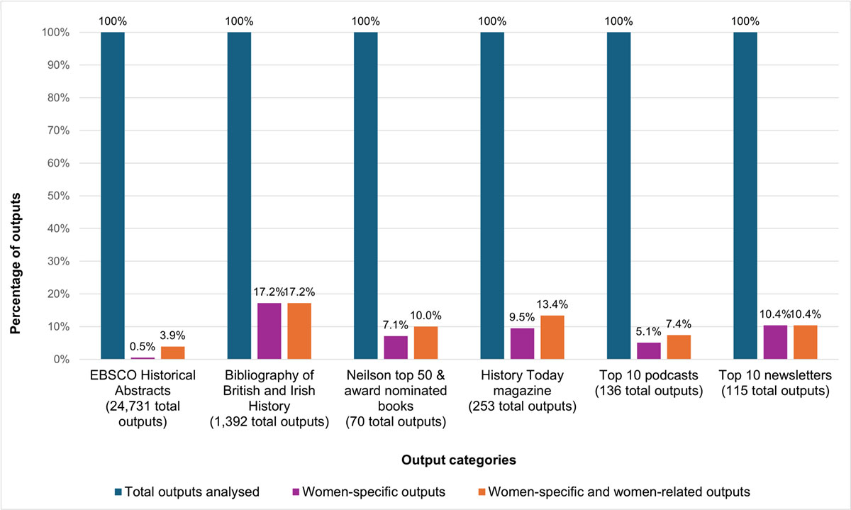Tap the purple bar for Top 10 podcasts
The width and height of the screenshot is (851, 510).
point(649,351)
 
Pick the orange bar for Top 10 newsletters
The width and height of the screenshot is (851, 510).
point(805,343)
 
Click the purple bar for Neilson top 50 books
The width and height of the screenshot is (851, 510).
point(396,348)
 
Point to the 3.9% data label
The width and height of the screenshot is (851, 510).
point(172,336)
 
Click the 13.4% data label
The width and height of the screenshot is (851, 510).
point(553,304)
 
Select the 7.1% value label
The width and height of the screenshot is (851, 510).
point(396,325)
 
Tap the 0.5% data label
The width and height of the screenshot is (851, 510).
point(142,347)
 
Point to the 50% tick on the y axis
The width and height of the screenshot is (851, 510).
point(55,196)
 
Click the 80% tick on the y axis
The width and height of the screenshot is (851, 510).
point(55,98)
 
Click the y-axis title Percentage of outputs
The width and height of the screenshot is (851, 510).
point(15,196)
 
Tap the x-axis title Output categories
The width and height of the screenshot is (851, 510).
point(458,460)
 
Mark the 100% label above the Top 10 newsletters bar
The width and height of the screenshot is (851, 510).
point(745,21)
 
